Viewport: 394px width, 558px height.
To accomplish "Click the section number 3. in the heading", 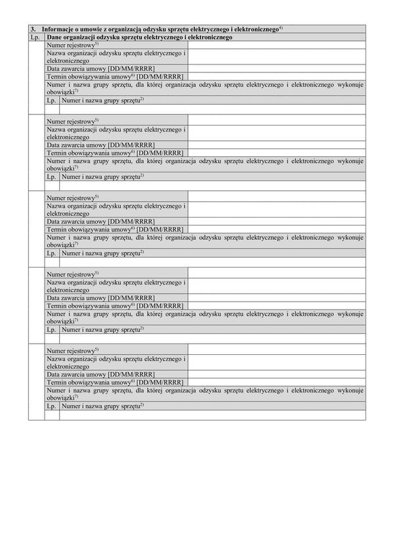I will point(33,30).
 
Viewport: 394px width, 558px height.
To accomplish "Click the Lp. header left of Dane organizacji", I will point(36,37).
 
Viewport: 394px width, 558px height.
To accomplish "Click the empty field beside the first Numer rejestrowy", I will point(276,45).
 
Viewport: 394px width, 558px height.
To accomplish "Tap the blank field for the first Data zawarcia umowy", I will point(276,68).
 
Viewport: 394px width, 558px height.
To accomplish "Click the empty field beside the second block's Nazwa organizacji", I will point(276,133).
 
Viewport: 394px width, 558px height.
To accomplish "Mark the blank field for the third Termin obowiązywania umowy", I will point(276,229).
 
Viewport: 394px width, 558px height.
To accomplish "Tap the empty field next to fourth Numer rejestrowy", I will point(276,274).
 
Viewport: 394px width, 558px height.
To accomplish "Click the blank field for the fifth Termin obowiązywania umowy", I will point(276,382).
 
